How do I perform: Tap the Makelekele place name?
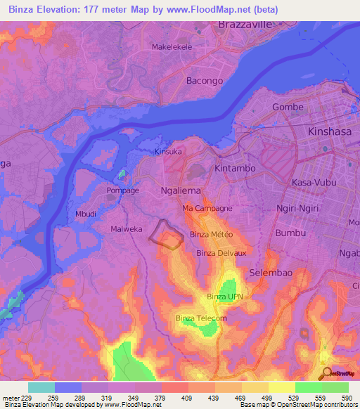[172, 47]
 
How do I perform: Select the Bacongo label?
[205, 81]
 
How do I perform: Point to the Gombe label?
[288, 108]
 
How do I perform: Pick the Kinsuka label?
[168, 151]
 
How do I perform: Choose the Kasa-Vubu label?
[314, 182]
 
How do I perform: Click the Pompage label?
[122, 190]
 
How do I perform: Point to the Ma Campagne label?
[207, 209]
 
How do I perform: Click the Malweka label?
[127, 229]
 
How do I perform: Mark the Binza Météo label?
[211, 234]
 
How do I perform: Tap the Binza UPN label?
[225, 297]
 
